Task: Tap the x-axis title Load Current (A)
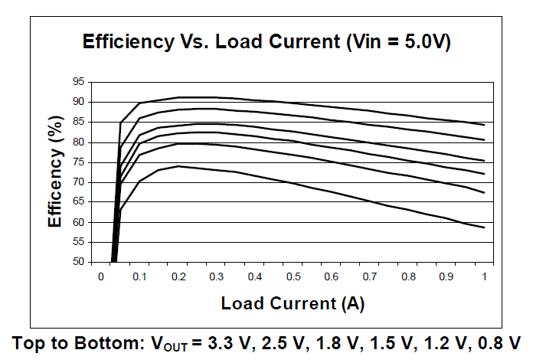point(293,303)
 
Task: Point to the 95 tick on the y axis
point(77,82)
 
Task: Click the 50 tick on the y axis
point(77,262)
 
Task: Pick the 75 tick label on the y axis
point(77,162)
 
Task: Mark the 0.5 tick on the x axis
point(293,276)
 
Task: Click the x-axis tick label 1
point(484,276)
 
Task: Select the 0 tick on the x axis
point(100,276)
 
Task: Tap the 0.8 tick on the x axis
point(407,276)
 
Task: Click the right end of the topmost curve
point(484,124)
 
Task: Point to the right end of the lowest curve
point(484,227)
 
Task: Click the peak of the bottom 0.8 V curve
point(178,165)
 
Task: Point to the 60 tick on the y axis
point(77,222)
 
